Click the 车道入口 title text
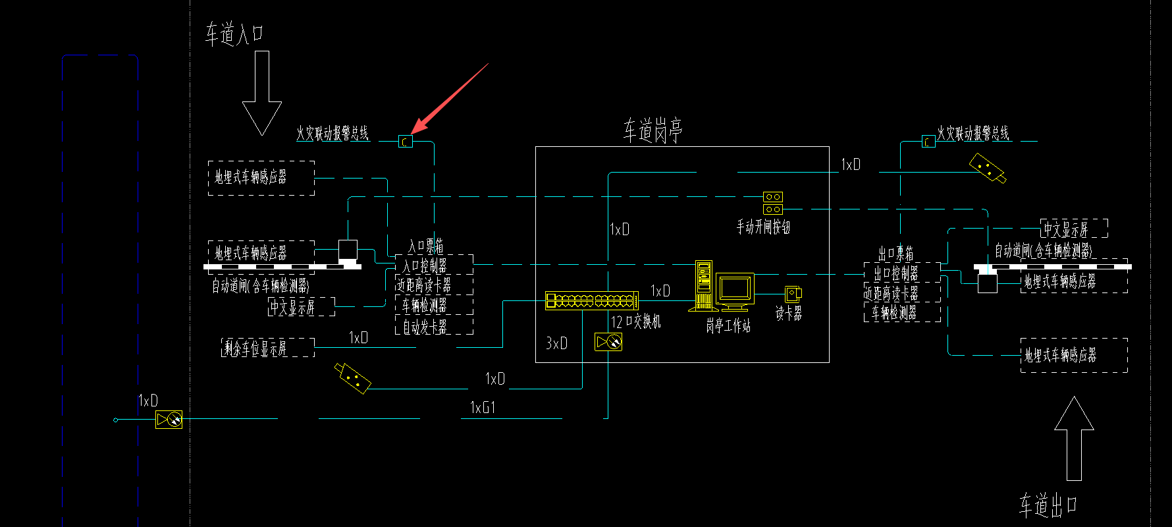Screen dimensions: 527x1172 point(234,34)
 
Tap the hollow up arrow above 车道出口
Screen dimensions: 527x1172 point(1074,437)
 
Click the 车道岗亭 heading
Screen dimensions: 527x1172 point(653,130)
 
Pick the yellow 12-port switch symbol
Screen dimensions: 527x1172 point(591,301)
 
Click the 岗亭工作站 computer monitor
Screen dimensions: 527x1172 point(735,290)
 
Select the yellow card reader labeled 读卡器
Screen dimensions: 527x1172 point(793,294)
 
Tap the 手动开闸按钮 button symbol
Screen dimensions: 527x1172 point(773,203)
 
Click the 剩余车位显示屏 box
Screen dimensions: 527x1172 point(267,347)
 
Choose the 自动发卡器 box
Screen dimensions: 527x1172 point(434,327)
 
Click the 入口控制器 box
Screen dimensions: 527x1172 point(434,265)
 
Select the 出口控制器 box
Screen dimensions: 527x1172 point(901,272)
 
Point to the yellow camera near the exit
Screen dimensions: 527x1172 point(987,169)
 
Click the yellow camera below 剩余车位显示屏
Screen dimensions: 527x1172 point(353,377)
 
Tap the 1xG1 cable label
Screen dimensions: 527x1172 point(483,408)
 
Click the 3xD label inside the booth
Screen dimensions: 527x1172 point(556,343)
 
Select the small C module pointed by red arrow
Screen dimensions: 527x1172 point(406,141)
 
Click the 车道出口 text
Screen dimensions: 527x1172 point(1048,505)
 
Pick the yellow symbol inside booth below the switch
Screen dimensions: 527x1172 point(608,342)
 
